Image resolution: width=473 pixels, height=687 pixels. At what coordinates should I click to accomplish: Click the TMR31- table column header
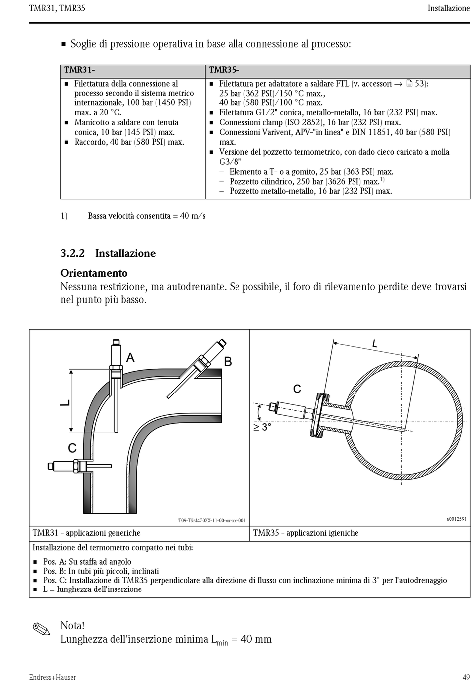pos(80,70)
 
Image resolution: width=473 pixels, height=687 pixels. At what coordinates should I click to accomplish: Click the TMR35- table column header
pos(224,70)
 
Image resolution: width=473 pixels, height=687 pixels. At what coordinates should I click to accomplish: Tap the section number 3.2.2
pos(72,253)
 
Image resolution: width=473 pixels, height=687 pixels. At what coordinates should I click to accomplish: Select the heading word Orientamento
pos(94,273)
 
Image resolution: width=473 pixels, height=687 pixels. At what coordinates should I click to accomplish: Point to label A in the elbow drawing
pos(130,357)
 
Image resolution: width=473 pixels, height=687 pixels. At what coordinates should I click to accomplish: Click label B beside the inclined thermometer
pos(228,362)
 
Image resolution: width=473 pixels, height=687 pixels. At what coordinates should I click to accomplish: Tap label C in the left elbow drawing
pos(72,448)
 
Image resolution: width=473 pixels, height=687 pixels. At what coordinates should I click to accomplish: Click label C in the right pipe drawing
pos(297,389)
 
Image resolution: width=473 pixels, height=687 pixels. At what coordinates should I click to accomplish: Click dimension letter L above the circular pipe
pos(375,343)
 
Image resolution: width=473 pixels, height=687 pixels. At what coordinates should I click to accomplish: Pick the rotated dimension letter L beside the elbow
pos(65,402)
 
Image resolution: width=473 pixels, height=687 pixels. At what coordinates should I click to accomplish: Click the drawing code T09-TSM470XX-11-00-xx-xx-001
pos(212,521)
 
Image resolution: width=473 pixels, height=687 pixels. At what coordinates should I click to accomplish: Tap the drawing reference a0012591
pos(456,519)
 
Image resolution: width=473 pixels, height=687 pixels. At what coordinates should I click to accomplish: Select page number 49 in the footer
pos(466,677)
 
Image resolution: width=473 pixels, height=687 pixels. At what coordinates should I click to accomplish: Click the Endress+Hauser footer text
pos(52,677)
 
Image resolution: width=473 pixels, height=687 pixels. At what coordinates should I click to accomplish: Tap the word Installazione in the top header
pos(448,8)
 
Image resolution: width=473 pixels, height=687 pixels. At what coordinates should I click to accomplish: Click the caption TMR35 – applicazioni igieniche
pos(306,533)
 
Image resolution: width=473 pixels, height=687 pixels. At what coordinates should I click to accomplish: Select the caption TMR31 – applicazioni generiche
pos(87,533)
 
